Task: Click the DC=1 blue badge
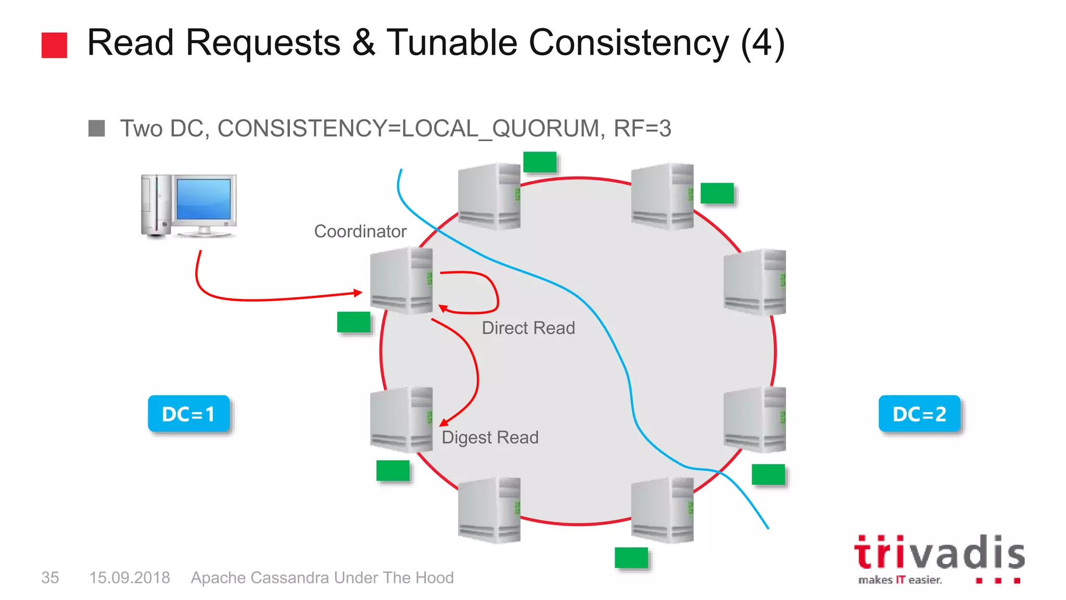pyautogui.click(x=188, y=414)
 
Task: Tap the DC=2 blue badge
pyautogui.click(x=919, y=414)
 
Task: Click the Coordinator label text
pyautogui.click(x=360, y=231)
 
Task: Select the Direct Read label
pyautogui.click(x=528, y=328)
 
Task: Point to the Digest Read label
pyautogui.click(x=490, y=438)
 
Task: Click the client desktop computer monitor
pyautogui.click(x=204, y=200)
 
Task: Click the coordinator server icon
pyautogui.click(x=401, y=280)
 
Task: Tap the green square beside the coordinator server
pyautogui.click(x=353, y=322)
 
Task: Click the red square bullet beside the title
pyautogui.click(x=54, y=45)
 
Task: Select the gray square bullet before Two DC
pyautogui.click(x=97, y=128)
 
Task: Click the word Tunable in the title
pyautogui.click(x=451, y=43)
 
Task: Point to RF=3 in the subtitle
pyautogui.click(x=643, y=129)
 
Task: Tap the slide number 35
pyautogui.click(x=50, y=578)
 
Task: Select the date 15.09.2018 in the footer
pyautogui.click(x=130, y=578)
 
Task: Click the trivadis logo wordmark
pyautogui.click(x=939, y=553)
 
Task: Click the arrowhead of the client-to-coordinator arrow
pyautogui.click(x=358, y=293)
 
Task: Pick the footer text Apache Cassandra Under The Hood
pyautogui.click(x=322, y=578)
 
